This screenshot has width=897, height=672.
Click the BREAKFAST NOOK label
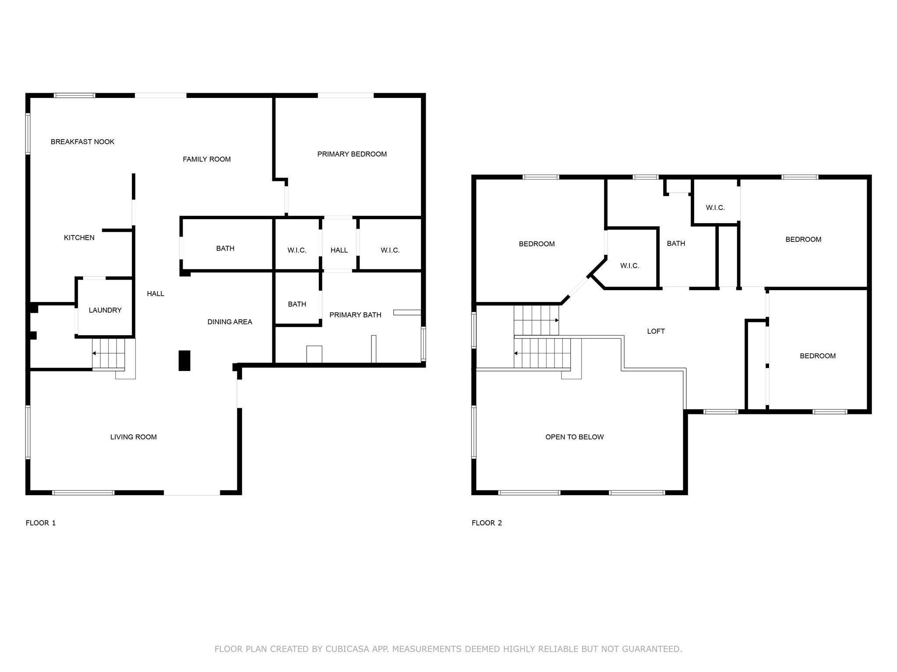click(82, 142)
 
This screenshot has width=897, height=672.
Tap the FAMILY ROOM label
click(207, 159)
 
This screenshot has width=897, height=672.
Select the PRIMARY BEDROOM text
click(352, 154)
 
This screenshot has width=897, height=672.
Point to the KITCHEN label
click(79, 238)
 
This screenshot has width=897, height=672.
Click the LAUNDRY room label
click(105, 310)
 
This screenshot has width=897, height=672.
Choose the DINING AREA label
click(230, 322)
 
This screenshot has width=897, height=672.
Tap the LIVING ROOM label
click(134, 437)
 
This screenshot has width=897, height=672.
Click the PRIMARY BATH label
click(355, 315)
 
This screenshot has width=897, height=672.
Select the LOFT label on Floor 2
click(656, 331)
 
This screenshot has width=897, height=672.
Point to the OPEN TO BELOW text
click(575, 437)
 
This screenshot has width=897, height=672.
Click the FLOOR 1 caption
click(41, 523)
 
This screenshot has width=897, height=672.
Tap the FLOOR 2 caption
click(487, 523)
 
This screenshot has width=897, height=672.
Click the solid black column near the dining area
click(184, 360)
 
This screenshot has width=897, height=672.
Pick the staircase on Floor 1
click(109, 353)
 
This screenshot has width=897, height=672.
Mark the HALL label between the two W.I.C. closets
click(339, 250)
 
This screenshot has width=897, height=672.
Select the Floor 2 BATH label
click(676, 243)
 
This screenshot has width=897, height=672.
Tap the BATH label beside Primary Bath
click(297, 304)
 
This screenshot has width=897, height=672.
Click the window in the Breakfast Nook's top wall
click(74, 95)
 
